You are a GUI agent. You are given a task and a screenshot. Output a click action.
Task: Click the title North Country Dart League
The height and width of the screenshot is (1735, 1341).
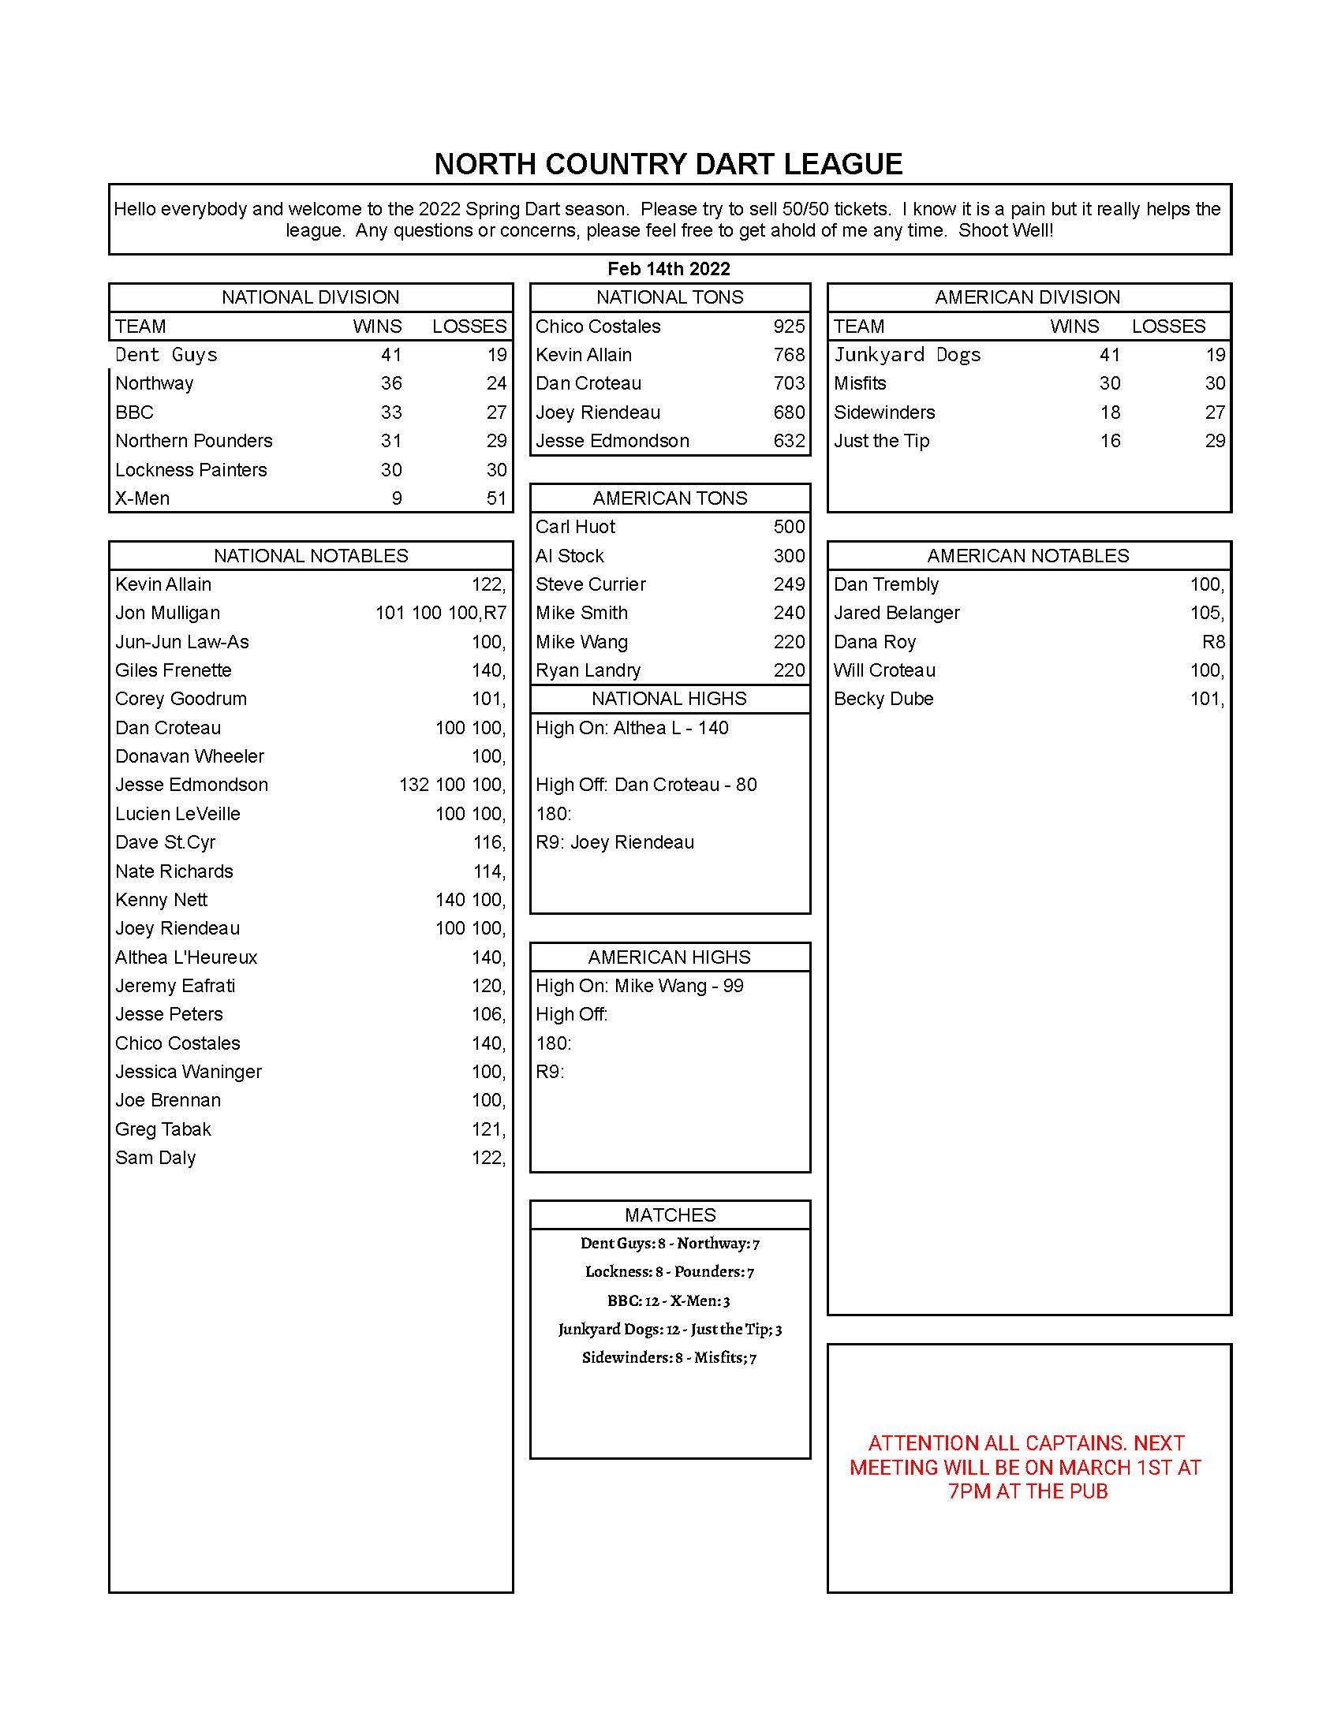[x=668, y=164]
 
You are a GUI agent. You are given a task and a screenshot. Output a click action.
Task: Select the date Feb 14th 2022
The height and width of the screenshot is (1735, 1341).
[x=668, y=268]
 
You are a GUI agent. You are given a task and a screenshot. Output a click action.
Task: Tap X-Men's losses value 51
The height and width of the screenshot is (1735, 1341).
[x=495, y=498]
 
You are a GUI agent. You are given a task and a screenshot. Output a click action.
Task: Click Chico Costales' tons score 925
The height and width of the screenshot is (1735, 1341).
[x=788, y=326]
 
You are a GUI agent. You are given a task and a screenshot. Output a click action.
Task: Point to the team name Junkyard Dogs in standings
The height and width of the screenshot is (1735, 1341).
[x=906, y=355]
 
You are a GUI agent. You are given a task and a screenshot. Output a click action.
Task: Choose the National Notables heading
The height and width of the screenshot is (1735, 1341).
[x=311, y=555]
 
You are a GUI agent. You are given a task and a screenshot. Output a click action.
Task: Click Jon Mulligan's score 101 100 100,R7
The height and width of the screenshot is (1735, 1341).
[x=440, y=613]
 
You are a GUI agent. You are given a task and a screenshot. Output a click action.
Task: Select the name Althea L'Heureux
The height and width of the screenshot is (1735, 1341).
[x=186, y=957]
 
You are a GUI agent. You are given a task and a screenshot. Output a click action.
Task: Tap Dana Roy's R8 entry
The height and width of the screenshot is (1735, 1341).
[x=1213, y=642]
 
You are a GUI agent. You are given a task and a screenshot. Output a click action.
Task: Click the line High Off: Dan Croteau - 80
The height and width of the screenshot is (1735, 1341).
[x=646, y=785]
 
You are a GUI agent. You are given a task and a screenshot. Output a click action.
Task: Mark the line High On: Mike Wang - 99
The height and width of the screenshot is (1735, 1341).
[x=639, y=986]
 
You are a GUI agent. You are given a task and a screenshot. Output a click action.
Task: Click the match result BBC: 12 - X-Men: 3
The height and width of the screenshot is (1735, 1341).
[x=668, y=1300]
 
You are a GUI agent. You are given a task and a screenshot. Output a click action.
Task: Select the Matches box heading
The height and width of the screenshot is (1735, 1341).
[x=670, y=1214]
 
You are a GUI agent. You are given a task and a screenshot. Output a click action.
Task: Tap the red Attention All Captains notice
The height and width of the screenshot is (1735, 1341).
[x=1027, y=1468]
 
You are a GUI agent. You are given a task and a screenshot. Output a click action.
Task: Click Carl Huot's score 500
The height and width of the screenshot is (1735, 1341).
[x=788, y=527]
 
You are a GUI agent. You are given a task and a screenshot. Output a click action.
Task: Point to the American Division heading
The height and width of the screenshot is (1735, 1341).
[x=1027, y=297]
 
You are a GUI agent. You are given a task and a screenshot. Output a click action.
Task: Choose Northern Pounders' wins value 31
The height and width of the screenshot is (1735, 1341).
[x=390, y=441]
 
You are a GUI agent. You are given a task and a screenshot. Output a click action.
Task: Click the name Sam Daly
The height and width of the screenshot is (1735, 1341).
[x=155, y=1158]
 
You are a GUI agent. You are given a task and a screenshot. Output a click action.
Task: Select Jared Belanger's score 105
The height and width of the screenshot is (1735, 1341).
[x=1206, y=613]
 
